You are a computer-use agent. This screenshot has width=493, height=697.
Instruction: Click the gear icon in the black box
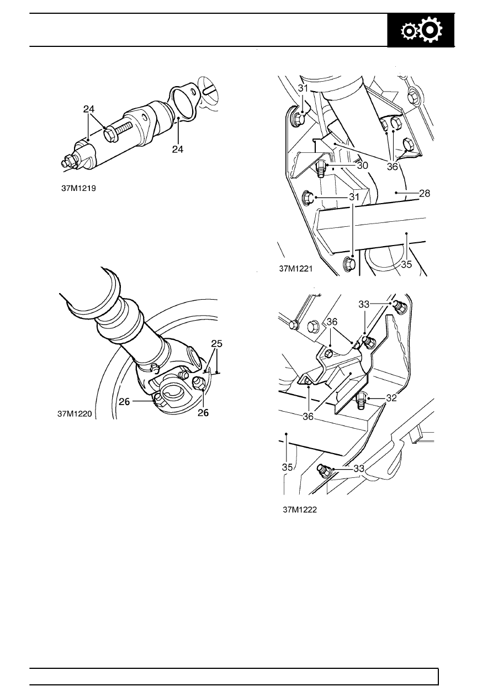point(421,31)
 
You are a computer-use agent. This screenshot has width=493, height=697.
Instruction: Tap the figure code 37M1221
point(296,269)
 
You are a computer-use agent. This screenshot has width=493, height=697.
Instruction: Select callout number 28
point(425,194)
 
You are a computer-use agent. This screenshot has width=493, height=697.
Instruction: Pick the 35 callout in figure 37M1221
point(406,264)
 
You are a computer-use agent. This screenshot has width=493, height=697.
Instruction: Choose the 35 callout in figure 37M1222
point(287,466)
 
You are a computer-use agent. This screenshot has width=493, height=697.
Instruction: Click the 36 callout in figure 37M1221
point(392,166)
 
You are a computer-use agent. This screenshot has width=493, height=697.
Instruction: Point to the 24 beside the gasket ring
point(177,149)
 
